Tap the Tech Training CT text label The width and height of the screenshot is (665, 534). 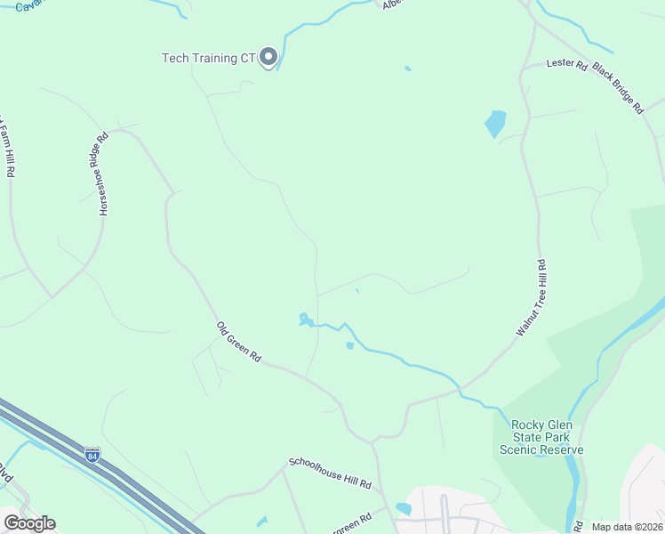208,59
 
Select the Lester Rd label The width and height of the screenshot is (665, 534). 567,65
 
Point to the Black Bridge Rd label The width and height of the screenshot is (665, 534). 617,87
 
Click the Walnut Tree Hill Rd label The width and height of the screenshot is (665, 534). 531,297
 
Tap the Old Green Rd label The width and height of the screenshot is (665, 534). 238,342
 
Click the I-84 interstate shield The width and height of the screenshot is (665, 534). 92,455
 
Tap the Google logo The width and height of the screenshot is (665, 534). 29,523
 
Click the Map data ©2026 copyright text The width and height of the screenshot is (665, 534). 626,527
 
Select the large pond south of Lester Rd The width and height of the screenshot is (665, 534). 495,123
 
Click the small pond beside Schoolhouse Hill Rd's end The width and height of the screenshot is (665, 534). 404,509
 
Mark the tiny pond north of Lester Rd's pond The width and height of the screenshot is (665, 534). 408,69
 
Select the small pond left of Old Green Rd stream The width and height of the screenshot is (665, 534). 305,318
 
